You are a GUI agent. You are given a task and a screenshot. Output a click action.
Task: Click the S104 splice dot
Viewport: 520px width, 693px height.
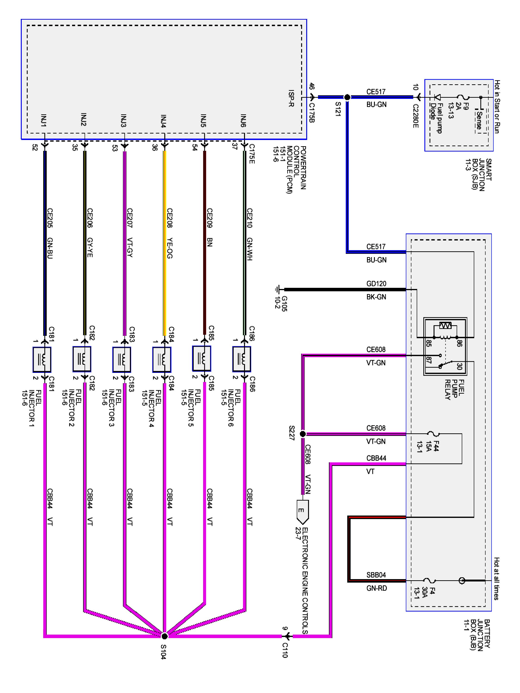pyautogui.click(x=164, y=636)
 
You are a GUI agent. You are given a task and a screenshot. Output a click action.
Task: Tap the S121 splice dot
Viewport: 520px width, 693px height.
pyautogui.click(x=347, y=97)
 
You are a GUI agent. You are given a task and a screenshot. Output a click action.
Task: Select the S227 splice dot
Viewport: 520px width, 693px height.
pyautogui.click(x=303, y=434)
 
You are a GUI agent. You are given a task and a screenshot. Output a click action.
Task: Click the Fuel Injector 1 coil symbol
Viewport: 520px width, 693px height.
pyautogui.click(x=42, y=359)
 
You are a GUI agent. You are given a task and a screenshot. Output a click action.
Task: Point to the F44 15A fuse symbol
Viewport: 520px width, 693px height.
pyautogui.click(x=434, y=434)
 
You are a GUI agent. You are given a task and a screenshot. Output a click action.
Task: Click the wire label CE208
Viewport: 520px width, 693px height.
pyautogui.click(x=170, y=218)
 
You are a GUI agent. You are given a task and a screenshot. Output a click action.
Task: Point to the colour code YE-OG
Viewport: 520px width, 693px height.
pyautogui.click(x=170, y=248)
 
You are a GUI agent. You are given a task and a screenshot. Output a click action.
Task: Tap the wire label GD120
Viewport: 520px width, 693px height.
pyautogui.click(x=376, y=283)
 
